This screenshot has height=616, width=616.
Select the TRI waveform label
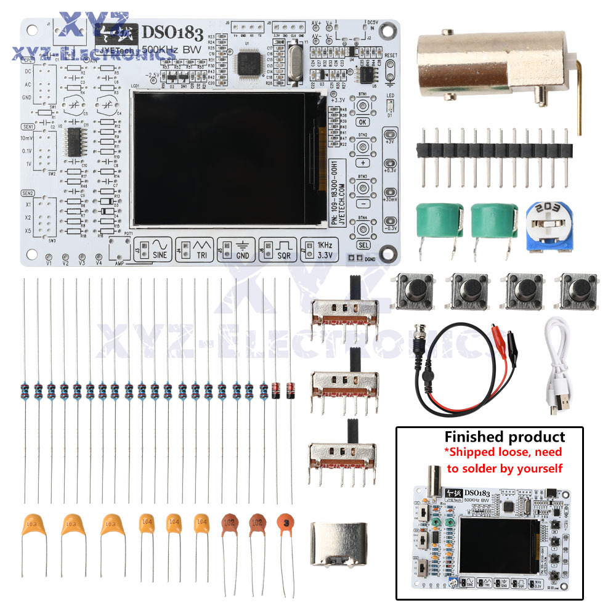tap(201, 254)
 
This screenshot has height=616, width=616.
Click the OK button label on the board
tap(362, 121)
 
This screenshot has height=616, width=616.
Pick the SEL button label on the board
tap(363, 245)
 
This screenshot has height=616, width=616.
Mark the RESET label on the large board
tap(391, 55)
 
